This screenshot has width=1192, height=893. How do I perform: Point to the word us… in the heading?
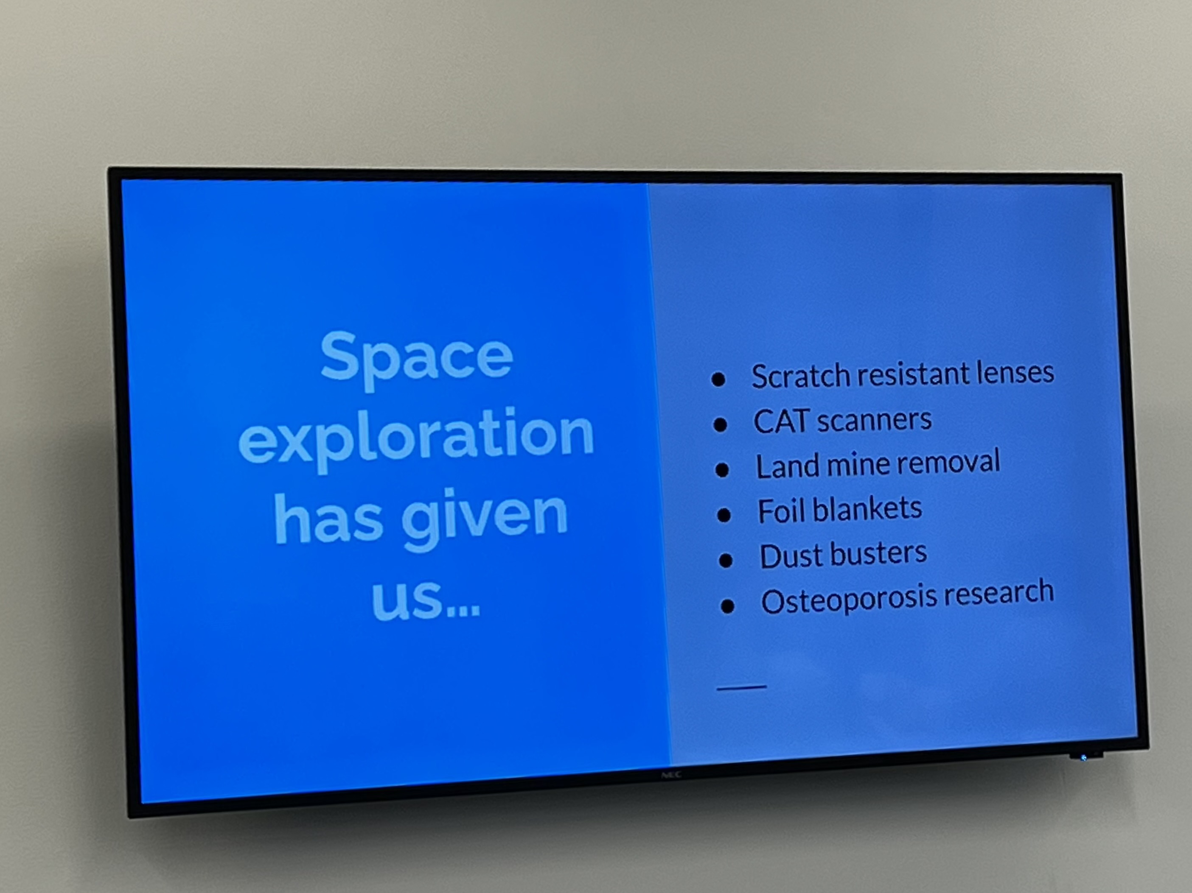(425, 598)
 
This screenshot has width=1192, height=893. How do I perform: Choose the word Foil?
(781, 511)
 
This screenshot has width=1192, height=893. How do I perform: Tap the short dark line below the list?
(741, 687)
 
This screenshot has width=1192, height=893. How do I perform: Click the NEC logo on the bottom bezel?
(671, 775)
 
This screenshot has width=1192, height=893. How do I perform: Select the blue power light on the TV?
(1084, 758)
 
